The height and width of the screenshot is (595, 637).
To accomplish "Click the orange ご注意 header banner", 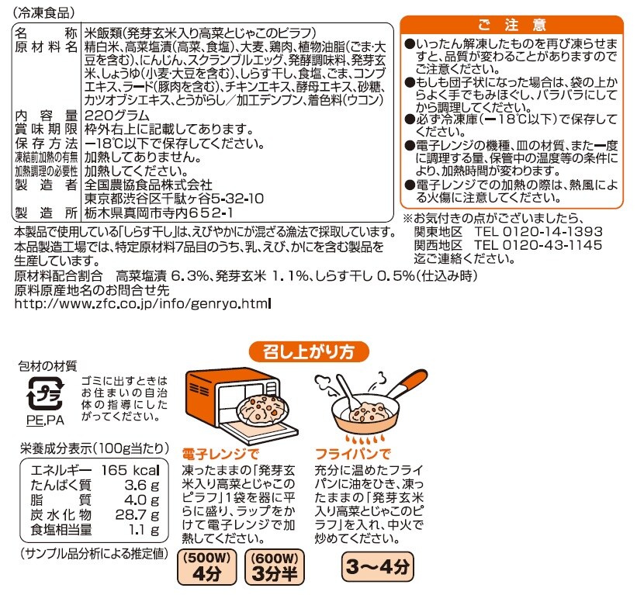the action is pyautogui.click(x=511, y=25).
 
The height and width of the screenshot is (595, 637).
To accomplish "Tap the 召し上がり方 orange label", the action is pyautogui.click(x=309, y=351).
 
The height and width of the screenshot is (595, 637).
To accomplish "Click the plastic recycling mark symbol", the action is pyautogui.click(x=46, y=393).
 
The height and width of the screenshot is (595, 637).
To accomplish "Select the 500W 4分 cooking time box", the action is pyautogui.click(x=207, y=567).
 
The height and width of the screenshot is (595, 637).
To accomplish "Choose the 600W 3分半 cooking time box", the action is pyautogui.click(x=275, y=567).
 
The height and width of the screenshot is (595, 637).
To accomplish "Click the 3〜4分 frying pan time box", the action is pyautogui.click(x=377, y=566).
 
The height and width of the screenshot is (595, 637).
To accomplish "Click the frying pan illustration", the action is pyautogui.click(x=371, y=406).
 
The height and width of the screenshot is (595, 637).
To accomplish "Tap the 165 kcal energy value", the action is pyautogui.click(x=130, y=470).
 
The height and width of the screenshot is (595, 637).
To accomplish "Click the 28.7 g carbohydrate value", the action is pyautogui.click(x=137, y=515).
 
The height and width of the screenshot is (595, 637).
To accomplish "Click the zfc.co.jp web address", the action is pyautogui.click(x=142, y=303).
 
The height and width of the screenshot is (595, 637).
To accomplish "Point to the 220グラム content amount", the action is pyautogui.click(x=117, y=116).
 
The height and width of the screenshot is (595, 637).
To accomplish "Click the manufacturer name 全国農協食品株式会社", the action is pyautogui.click(x=148, y=185).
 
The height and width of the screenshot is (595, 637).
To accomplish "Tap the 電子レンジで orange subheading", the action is pyautogui.click(x=220, y=454).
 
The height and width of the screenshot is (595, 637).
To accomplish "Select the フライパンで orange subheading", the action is pyautogui.click(x=352, y=454).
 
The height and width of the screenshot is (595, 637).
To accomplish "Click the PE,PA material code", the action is pyautogui.click(x=46, y=420).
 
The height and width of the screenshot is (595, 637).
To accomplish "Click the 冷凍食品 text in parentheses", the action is pyautogui.click(x=44, y=12).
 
